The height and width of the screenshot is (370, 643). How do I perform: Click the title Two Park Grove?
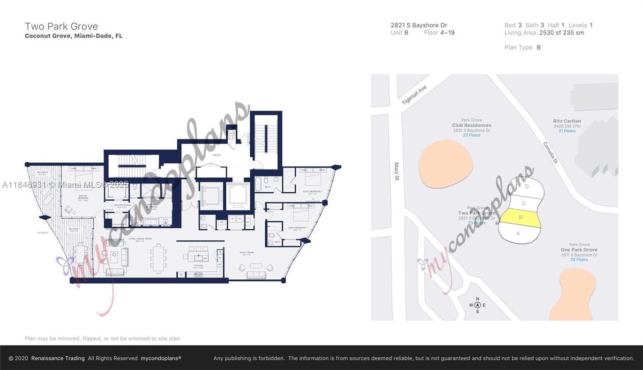point(61,26)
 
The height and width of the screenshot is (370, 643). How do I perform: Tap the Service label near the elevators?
point(217,155)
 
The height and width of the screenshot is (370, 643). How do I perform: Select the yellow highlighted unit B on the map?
point(520,218)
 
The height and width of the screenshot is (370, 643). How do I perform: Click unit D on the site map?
point(527,187)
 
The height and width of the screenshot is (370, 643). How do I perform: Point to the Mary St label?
point(396,172)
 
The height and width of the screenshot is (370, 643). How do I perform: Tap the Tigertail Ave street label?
point(414,95)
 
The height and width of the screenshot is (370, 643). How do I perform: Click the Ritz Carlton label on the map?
point(567,121)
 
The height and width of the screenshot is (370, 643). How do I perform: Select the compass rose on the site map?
point(477,305)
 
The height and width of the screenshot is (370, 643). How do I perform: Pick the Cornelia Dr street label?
point(551,152)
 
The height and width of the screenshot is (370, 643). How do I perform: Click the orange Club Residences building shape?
point(445,164)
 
